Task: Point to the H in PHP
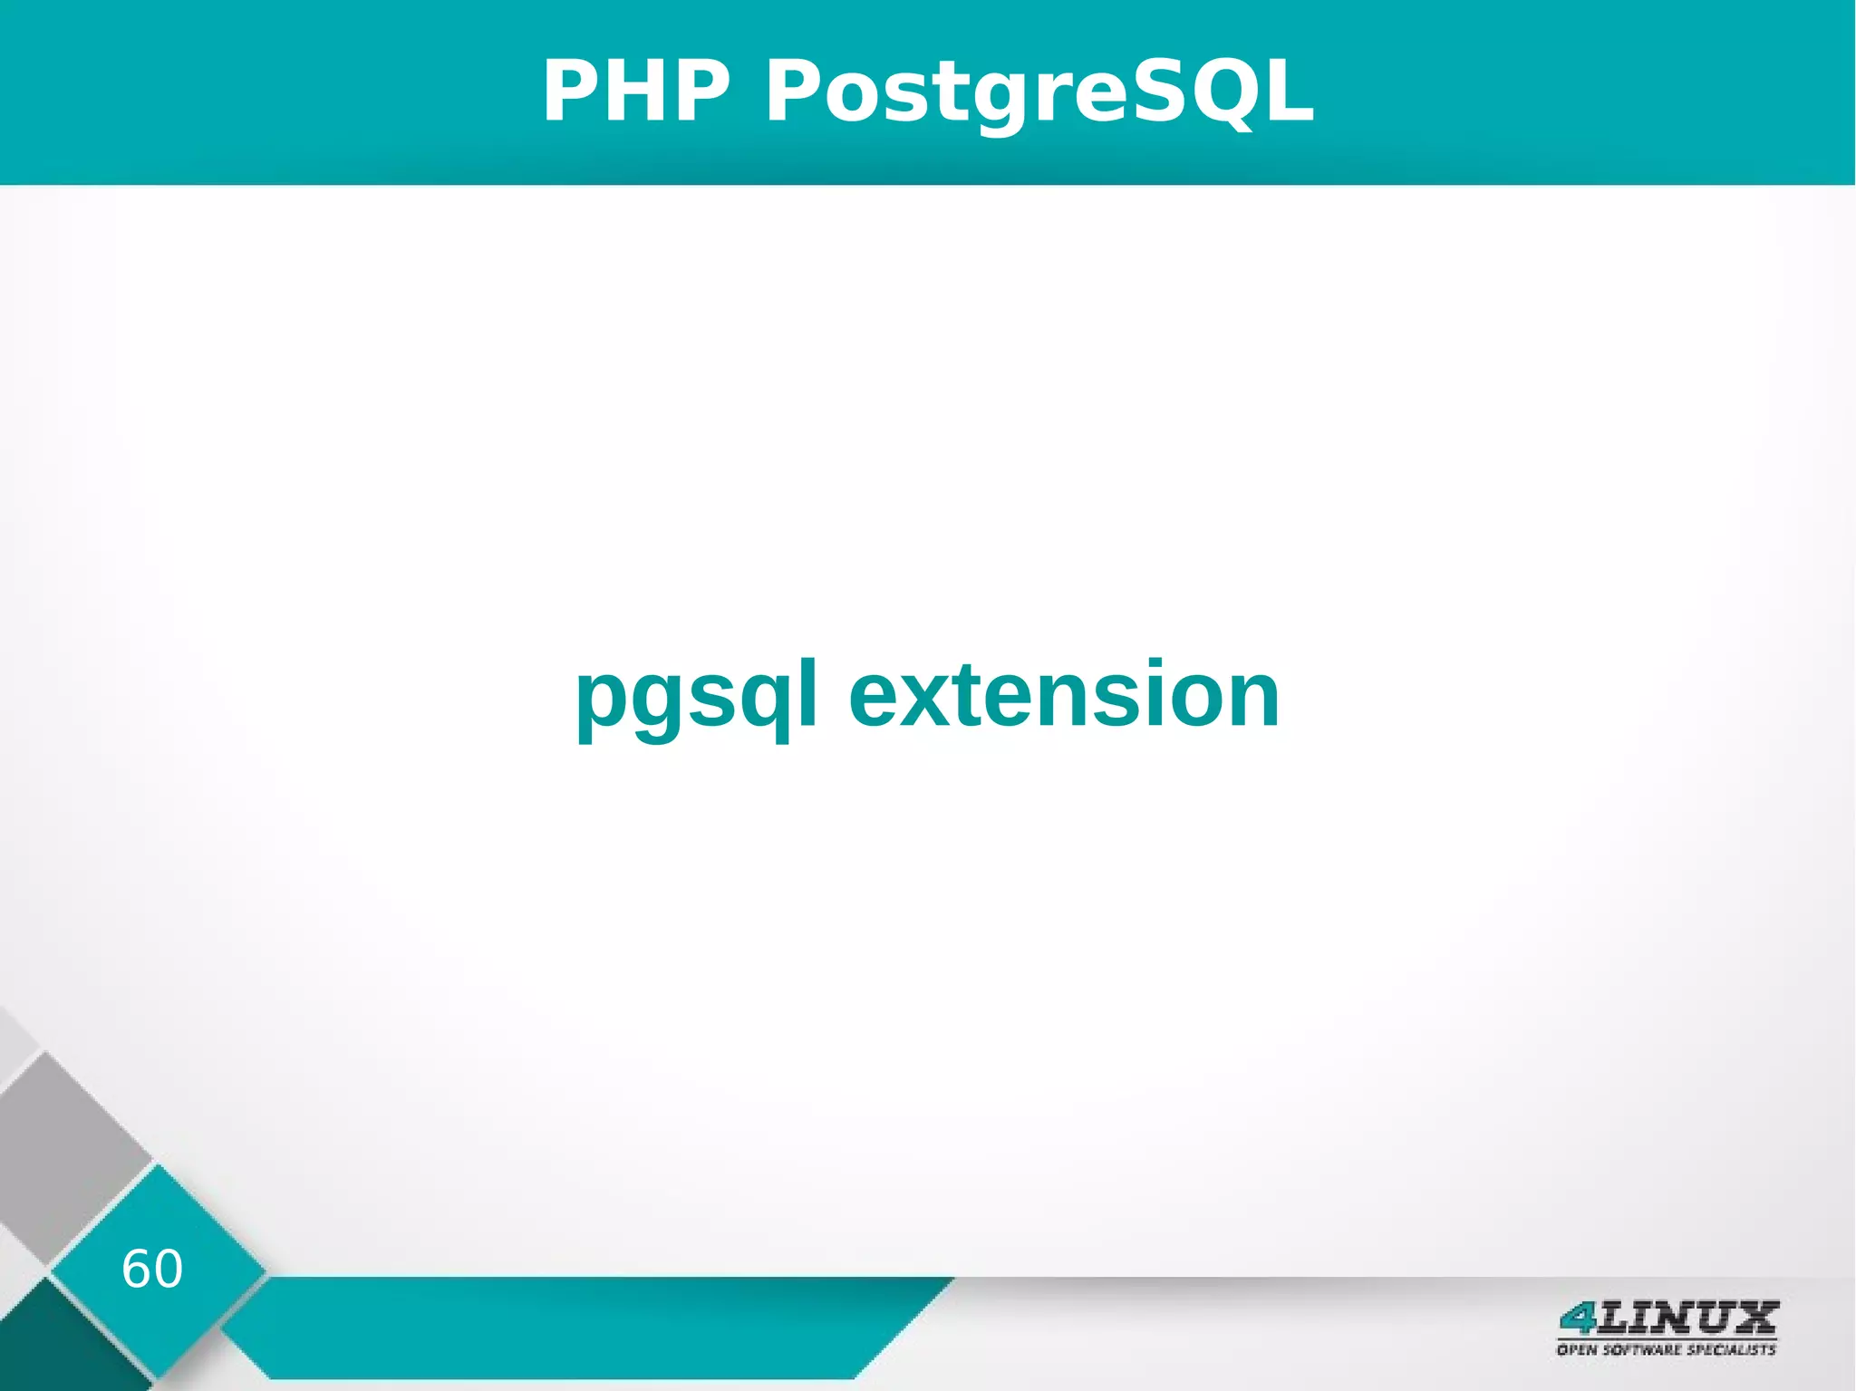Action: click(636, 91)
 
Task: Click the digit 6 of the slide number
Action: click(136, 1269)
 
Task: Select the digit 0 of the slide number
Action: click(168, 1269)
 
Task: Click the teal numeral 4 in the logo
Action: click(1578, 1318)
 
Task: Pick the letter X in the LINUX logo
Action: click(1754, 1317)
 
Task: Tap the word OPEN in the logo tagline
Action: click(1578, 1349)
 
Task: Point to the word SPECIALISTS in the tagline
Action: click(1730, 1349)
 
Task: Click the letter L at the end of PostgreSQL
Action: click(1285, 91)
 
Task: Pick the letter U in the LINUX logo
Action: click(1711, 1317)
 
